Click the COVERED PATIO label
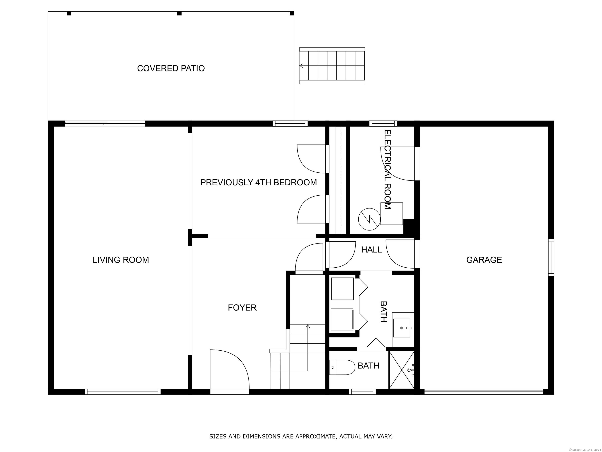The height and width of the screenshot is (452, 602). tap(171, 68)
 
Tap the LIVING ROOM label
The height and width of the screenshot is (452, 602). tap(121, 260)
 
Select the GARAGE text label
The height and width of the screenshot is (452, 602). tap(484, 260)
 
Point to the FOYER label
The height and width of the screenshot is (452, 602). tap(242, 308)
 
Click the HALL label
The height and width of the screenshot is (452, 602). tap(372, 250)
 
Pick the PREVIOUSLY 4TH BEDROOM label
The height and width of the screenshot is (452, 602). tap(258, 182)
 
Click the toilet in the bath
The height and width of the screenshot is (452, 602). tap(342, 367)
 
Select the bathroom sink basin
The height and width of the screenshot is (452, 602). tap(402, 328)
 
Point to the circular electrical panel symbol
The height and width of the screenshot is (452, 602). tap(369, 219)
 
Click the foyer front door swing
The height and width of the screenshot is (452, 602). tap(230, 369)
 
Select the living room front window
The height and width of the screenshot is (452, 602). tap(122, 392)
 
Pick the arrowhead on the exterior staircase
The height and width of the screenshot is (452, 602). tap(301, 66)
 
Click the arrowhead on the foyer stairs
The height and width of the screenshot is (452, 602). tap(308, 326)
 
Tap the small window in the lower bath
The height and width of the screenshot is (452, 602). tap(362, 392)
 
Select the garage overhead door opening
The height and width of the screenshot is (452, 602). tap(484, 392)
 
